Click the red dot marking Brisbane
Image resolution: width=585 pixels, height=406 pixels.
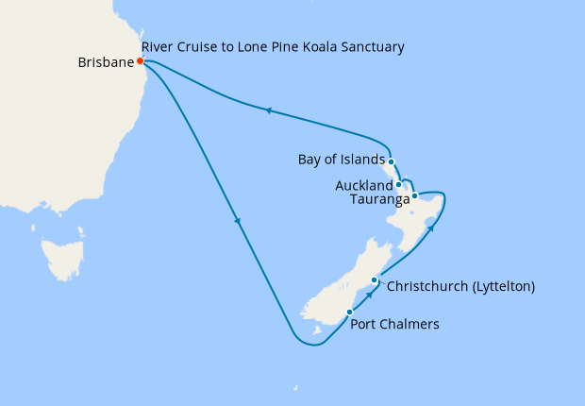(140, 61)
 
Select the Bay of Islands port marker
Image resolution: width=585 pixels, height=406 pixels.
(391, 161)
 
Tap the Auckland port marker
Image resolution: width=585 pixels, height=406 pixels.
(399, 184)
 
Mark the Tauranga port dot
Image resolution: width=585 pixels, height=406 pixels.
(414, 195)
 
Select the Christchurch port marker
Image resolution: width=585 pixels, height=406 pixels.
(375, 280)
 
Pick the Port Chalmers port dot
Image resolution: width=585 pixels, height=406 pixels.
(349, 312)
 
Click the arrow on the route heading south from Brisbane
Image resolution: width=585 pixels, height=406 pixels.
(238, 223)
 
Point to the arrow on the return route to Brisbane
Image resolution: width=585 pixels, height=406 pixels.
(268, 110)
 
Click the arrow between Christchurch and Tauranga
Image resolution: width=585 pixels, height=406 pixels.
(429, 227)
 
